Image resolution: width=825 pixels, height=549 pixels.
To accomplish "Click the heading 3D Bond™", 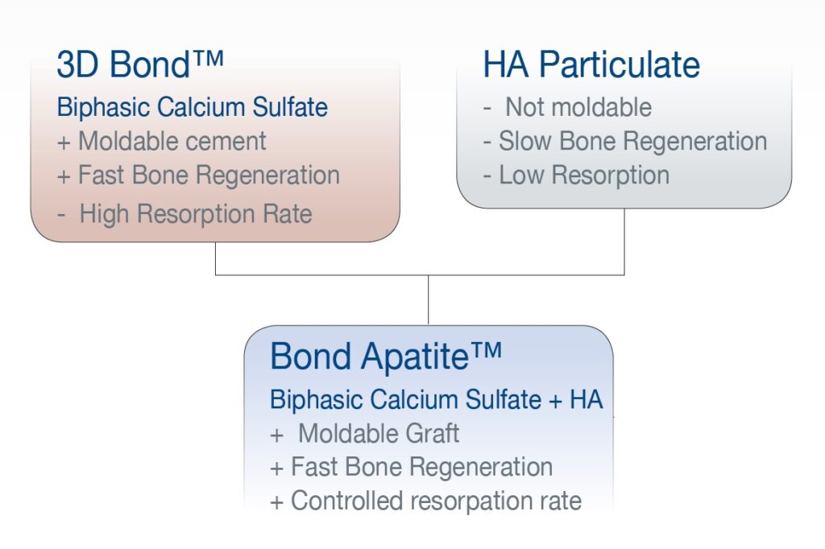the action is point(140,64).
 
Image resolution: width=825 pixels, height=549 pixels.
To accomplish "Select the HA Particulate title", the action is point(591,64).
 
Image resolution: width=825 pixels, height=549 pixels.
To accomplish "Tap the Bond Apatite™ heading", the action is point(386,357).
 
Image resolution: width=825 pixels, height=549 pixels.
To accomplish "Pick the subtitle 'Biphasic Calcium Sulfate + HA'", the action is point(436,399).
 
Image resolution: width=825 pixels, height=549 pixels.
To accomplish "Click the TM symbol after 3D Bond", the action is point(209,59).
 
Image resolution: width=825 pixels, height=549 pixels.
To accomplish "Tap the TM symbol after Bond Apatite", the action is point(486,350).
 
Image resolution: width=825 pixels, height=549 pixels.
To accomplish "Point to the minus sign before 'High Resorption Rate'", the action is point(61,215).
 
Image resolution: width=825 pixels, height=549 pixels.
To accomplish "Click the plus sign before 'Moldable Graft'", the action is point(277,435).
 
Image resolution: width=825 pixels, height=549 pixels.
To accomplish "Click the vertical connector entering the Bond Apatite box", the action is point(429,299).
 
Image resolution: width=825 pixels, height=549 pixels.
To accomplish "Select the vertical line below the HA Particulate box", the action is point(624,241).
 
